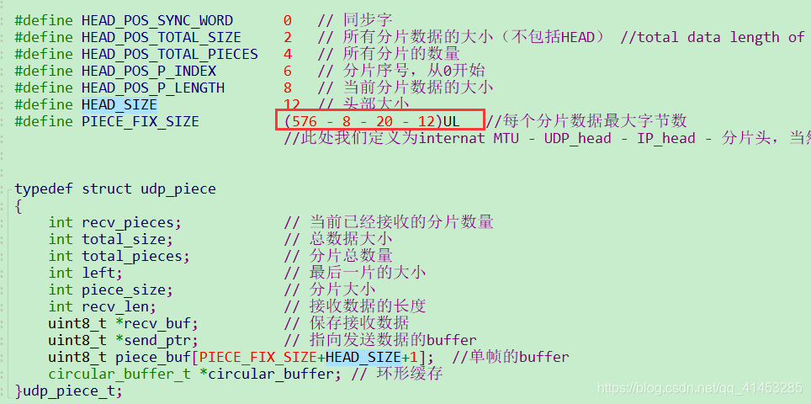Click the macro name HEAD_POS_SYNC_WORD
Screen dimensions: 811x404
[x=157, y=20]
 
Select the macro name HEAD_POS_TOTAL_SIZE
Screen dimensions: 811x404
[x=162, y=37]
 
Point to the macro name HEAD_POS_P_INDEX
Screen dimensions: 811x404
[x=149, y=71]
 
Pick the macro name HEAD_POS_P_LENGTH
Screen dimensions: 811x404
[x=153, y=88]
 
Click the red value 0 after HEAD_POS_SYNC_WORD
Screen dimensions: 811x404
[x=288, y=20]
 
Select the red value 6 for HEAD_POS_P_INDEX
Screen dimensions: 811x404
[x=288, y=71]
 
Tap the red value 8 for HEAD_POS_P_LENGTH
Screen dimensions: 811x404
[x=288, y=88]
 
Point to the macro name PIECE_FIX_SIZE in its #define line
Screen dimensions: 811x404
[x=140, y=121]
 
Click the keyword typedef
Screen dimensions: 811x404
[x=44, y=189]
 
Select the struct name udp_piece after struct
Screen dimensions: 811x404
[x=178, y=189]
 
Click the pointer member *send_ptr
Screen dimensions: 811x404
[x=156, y=340]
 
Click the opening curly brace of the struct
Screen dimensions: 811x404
[x=19, y=205]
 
